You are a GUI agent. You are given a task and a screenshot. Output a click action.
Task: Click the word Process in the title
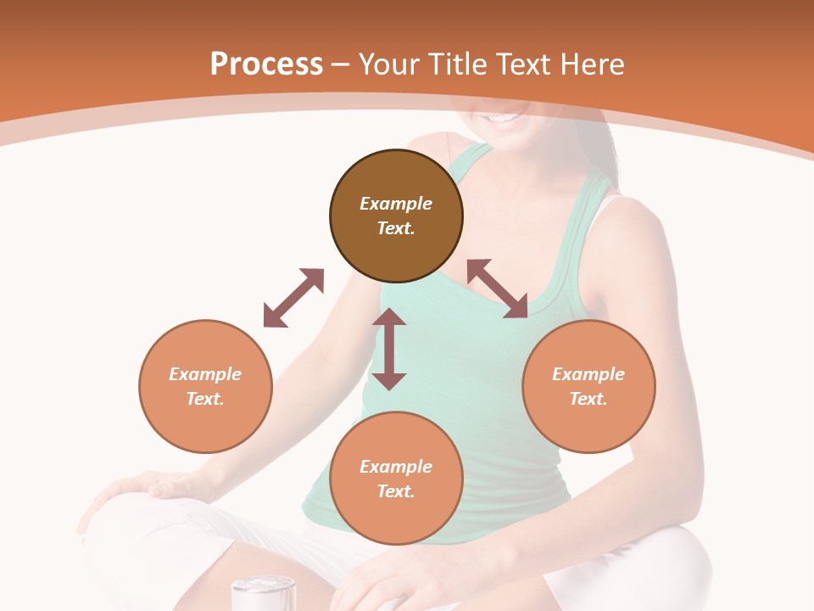pyautogui.click(x=266, y=64)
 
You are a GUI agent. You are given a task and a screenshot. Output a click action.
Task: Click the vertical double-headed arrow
pyautogui.click(x=389, y=349)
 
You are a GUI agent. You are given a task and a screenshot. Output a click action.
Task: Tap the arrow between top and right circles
pyautogui.click(x=497, y=289)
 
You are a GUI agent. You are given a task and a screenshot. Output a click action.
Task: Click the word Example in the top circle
pyautogui.click(x=396, y=204)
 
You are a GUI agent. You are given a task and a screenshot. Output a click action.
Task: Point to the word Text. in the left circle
pyautogui.click(x=205, y=399)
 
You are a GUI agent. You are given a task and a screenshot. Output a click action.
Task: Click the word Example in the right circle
pyautogui.click(x=588, y=374)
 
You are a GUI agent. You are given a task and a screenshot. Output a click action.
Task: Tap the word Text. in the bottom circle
pyautogui.click(x=396, y=491)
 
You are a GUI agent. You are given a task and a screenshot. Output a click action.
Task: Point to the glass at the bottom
pyautogui.click(x=263, y=593)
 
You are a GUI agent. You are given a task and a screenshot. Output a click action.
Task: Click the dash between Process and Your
pyautogui.click(x=340, y=64)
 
